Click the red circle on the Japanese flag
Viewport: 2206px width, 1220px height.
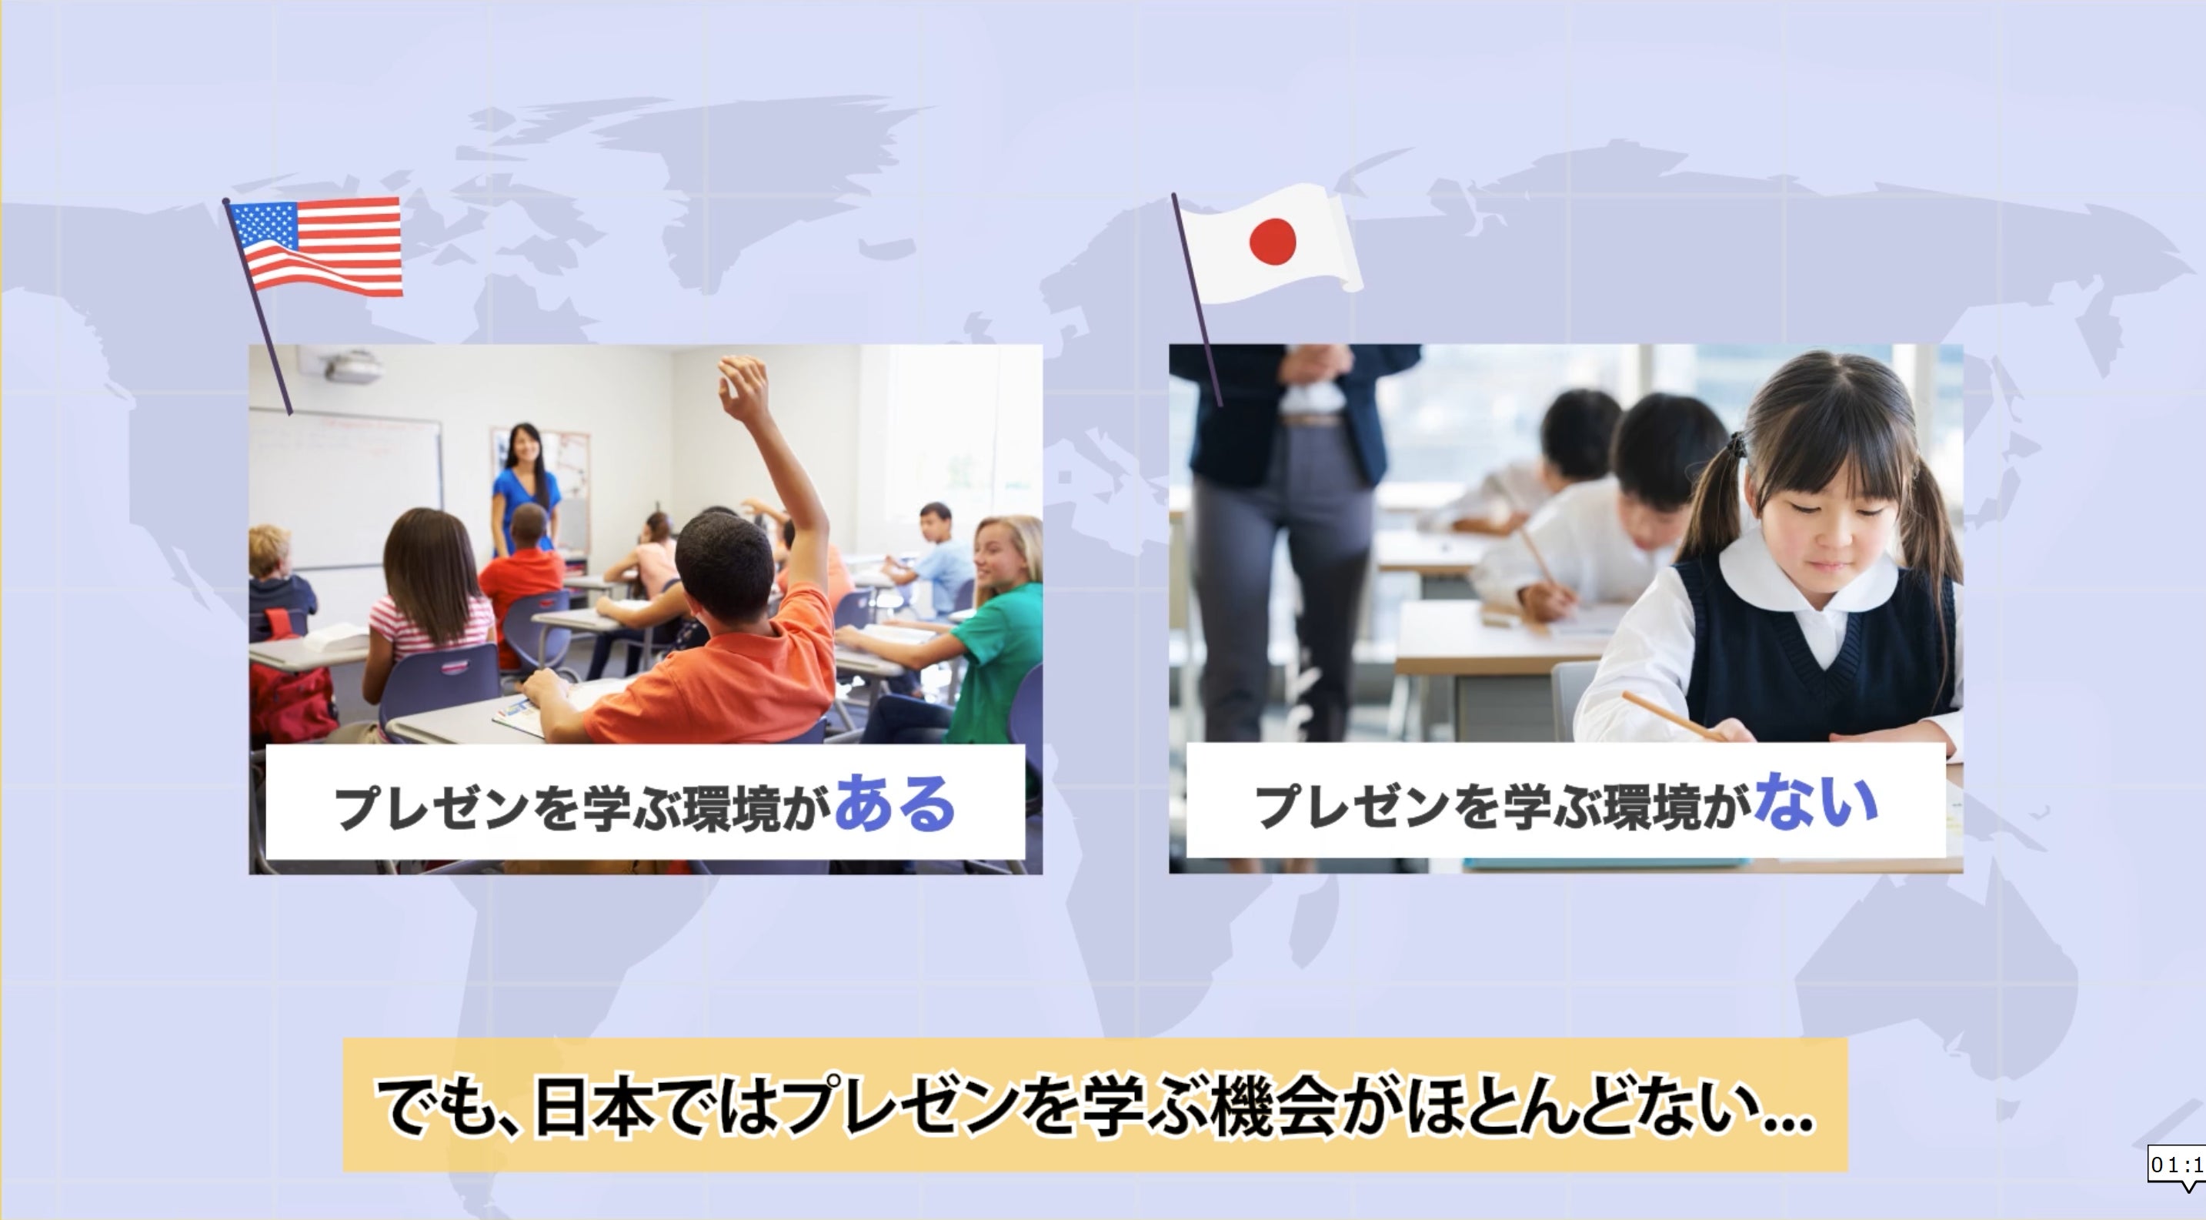tap(1272, 241)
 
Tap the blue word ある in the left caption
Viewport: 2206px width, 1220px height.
tap(894, 804)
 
